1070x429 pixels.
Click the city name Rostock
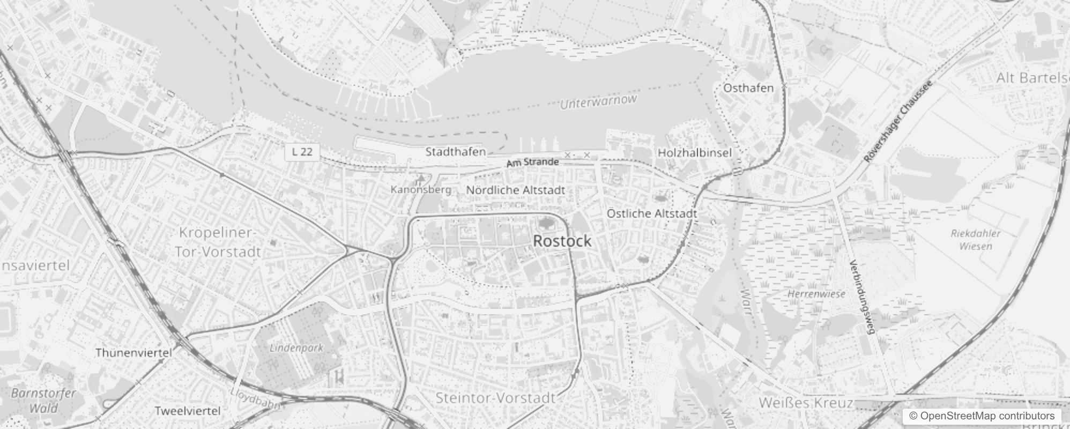[x=562, y=241]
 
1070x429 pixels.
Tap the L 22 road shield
[x=302, y=152]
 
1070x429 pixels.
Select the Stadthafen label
[x=456, y=152]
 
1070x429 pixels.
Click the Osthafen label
[x=748, y=88]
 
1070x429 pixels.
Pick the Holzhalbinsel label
[x=694, y=153]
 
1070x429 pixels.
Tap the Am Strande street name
[x=532, y=162]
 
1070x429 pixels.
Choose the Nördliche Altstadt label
[x=515, y=190]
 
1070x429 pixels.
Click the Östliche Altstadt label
[x=652, y=213]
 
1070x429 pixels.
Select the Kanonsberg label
[x=421, y=189]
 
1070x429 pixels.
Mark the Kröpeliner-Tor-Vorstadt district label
[x=219, y=242]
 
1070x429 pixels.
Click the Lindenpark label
[x=296, y=347]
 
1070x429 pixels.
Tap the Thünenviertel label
[x=134, y=353]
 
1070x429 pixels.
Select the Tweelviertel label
[x=188, y=411]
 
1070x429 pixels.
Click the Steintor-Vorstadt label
[x=495, y=398]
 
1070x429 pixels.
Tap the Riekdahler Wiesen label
[x=976, y=240]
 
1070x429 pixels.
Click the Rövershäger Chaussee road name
[x=898, y=122]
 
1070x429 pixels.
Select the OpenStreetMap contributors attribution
[x=982, y=416]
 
